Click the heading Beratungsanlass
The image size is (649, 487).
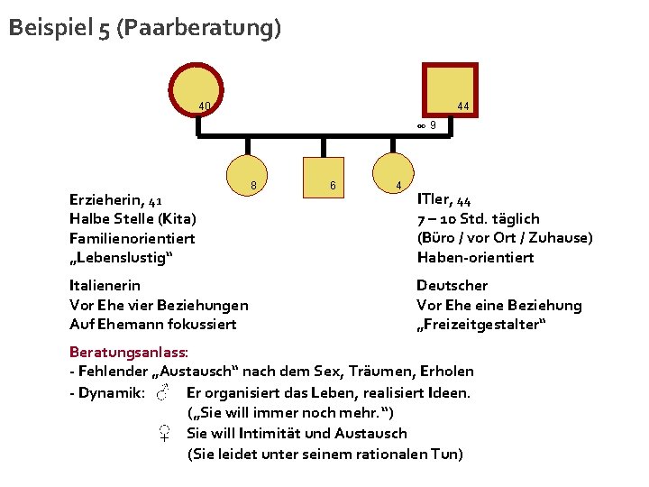(x=128, y=352)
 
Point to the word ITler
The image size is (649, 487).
(x=435, y=198)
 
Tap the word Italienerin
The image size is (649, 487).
(x=105, y=285)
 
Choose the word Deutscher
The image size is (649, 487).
(x=452, y=285)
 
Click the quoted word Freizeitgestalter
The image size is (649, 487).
(x=481, y=325)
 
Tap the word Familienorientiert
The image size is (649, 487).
(x=132, y=238)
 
